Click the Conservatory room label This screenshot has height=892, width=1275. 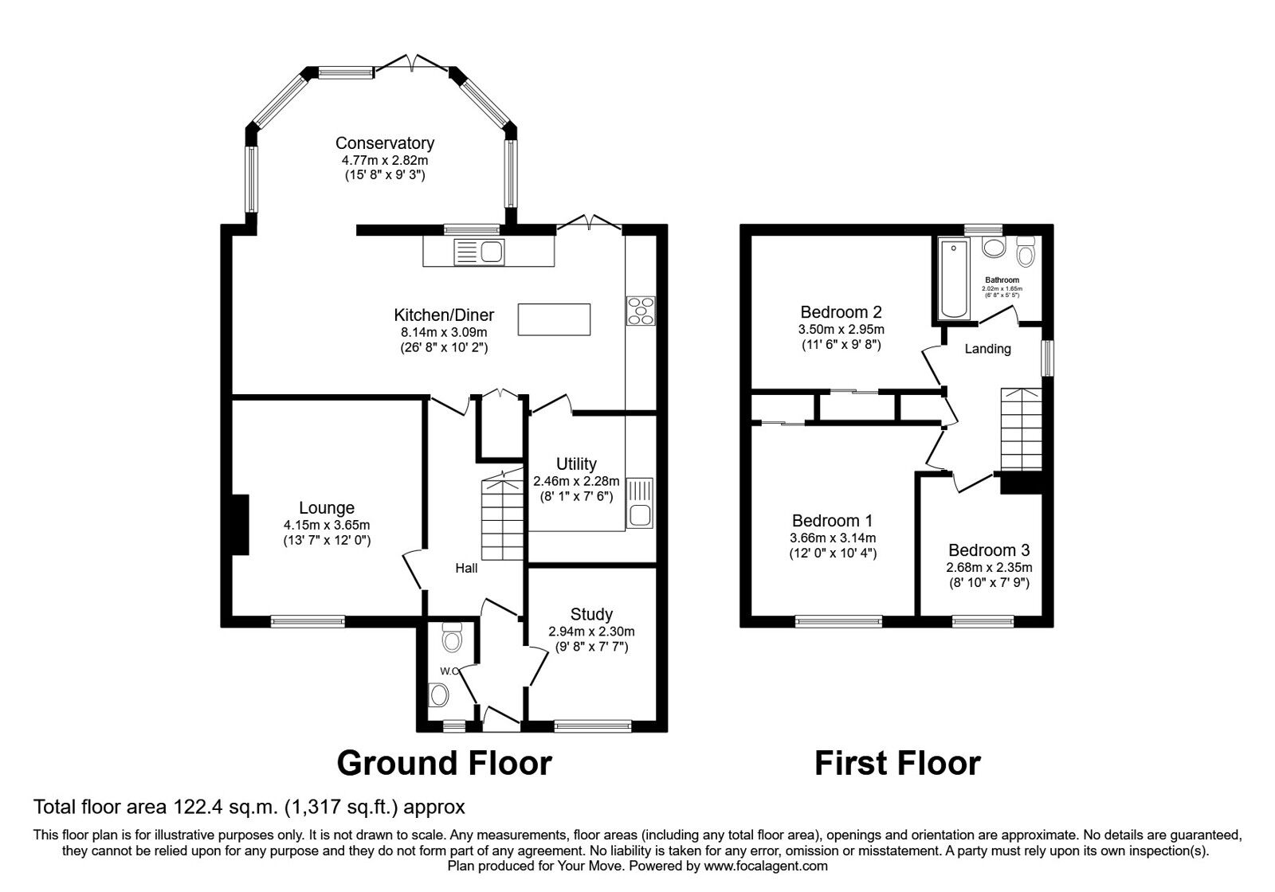point(384,143)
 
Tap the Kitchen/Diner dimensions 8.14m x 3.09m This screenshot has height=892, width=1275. point(444,332)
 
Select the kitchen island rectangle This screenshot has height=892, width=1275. point(555,319)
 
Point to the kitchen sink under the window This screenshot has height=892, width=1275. point(479,252)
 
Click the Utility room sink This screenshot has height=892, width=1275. point(640,503)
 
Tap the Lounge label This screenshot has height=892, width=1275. point(327,508)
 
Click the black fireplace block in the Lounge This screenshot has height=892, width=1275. point(239,524)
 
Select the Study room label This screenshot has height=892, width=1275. point(591,614)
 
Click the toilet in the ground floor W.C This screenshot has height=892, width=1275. point(452,638)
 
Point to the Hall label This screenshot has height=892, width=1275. point(466,569)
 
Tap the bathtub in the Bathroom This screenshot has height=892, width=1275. point(953,280)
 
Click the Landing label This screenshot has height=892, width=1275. point(987,349)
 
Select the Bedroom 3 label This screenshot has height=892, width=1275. point(988,550)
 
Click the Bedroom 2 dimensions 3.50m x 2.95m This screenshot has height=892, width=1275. point(841,329)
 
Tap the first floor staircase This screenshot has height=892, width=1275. point(1021,430)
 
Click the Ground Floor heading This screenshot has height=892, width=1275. point(444,763)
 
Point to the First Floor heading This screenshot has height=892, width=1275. point(897,763)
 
